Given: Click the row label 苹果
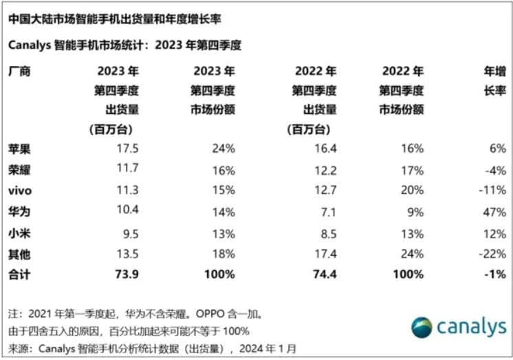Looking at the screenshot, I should pos(19,149).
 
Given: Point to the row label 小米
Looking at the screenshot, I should pos(19,234).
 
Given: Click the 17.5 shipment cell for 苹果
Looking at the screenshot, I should pos(121,149).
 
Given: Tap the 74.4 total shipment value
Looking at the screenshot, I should pos(323,275).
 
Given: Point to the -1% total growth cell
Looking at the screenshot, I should pos(496,275).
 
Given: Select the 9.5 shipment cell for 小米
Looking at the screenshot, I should pos(122,234).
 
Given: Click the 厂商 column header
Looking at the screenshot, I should pos(19,72).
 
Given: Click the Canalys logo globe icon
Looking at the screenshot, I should pos(422,328).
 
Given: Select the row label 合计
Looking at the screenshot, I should pos(19,275).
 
